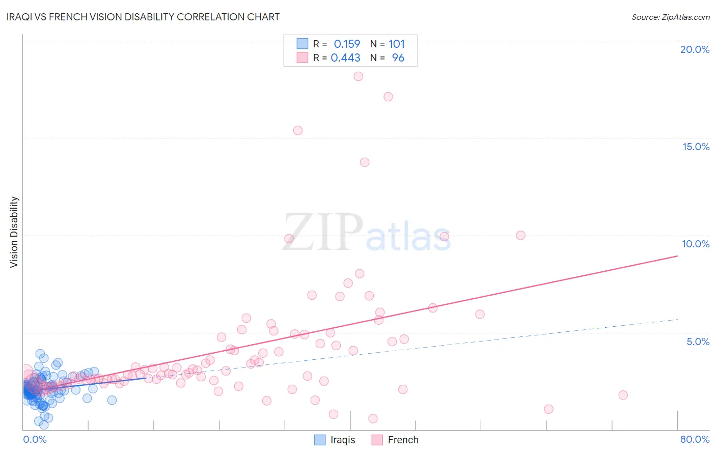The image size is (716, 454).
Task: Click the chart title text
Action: pyautogui.click(x=143, y=17)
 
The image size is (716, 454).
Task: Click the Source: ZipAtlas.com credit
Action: pyautogui.click(x=670, y=17)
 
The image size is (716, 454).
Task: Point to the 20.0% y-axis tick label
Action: pyautogui.click(x=695, y=49)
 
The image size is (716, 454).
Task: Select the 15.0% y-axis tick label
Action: pyautogui.click(x=696, y=147)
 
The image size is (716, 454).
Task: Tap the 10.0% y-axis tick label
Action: pyautogui.click(x=696, y=244)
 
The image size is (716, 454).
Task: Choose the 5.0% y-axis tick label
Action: pyautogui.click(x=698, y=342)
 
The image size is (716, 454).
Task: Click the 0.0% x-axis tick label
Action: pyautogui.click(x=35, y=439)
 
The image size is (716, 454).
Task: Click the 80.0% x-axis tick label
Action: pyautogui.click(x=695, y=439)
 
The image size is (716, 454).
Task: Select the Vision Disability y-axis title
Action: pyautogui.click(x=14, y=232)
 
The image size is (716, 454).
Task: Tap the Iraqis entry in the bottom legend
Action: pyautogui.click(x=342, y=440)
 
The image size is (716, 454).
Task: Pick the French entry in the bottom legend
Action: pyautogui.click(x=403, y=440)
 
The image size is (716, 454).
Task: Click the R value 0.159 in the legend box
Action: pyautogui.click(x=347, y=44)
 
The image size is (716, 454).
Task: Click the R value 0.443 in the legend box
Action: pyautogui.click(x=346, y=58)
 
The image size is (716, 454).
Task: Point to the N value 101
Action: pyautogui.click(x=397, y=44)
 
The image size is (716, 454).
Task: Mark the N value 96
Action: pyautogui.click(x=398, y=58)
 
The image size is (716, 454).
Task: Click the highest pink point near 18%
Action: pyautogui.click(x=358, y=76)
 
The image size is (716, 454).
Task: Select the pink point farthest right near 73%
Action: pyautogui.click(x=623, y=395)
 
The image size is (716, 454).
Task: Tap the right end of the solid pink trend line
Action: pyautogui.click(x=677, y=256)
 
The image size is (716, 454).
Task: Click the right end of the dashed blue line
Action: pyautogui.click(x=677, y=319)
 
